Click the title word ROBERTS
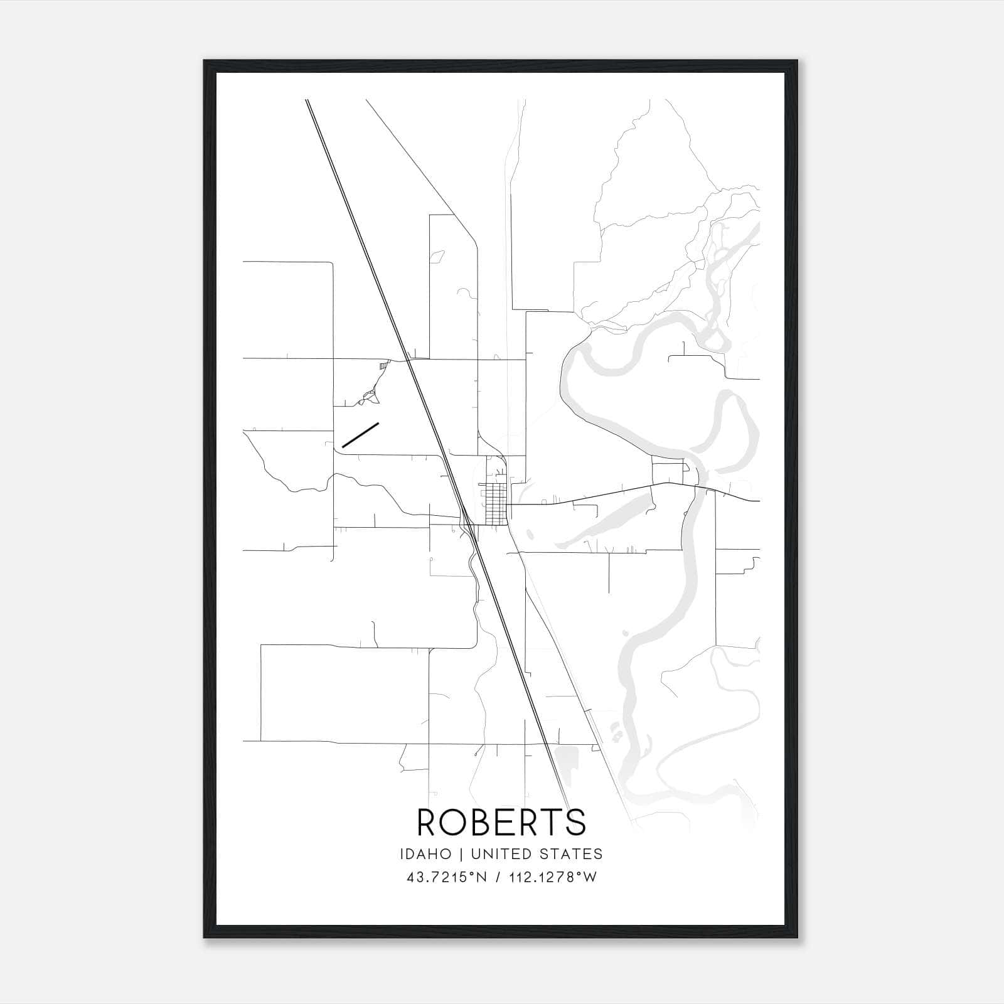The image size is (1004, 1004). pos(501,822)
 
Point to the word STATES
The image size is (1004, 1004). pos(572,853)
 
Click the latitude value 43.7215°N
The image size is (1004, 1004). pos(447,877)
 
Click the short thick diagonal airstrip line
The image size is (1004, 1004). pos(360,434)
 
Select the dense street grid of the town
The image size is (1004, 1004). pos(494,504)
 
